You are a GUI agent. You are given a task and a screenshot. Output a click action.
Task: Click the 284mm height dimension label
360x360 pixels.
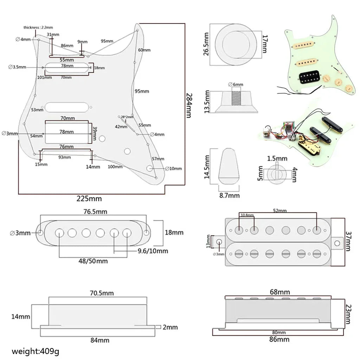(x=189, y=105)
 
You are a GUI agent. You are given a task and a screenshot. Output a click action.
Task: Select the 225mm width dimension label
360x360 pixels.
(x=89, y=199)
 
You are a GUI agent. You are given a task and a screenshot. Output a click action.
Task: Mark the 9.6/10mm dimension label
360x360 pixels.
(x=153, y=251)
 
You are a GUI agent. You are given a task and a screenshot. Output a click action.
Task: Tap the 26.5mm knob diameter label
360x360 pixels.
(x=206, y=44)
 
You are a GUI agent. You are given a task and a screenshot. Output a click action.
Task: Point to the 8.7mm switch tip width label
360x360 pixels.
(x=229, y=195)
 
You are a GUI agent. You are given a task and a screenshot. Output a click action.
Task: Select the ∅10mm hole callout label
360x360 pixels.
(x=173, y=168)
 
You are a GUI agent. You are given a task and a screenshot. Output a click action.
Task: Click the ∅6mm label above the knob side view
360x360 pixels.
(x=236, y=84)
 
